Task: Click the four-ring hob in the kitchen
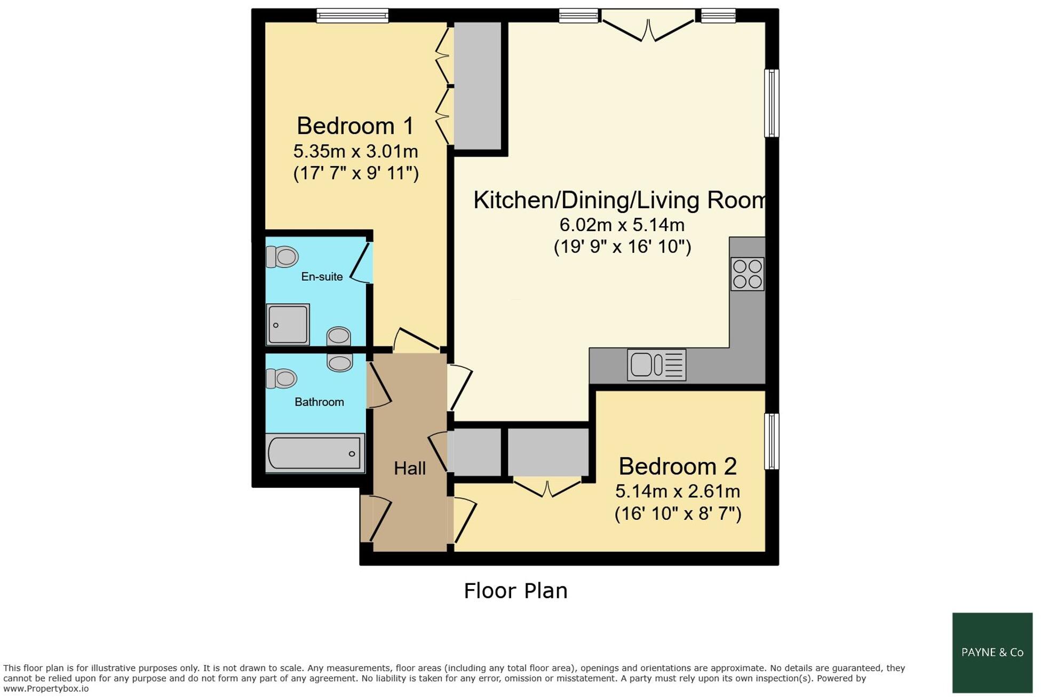(x=747, y=274)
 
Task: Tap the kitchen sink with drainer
(x=656, y=365)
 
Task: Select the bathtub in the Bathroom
(x=315, y=453)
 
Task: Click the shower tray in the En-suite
(x=288, y=324)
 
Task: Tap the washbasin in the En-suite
(x=338, y=336)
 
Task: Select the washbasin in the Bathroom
(x=339, y=363)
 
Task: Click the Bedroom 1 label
(x=355, y=126)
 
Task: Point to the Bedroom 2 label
(x=677, y=466)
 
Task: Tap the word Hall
(x=409, y=468)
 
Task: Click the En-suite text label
(x=322, y=276)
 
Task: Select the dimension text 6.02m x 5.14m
(x=622, y=225)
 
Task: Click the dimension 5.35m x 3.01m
(x=355, y=152)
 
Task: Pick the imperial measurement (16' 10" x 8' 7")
(x=678, y=513)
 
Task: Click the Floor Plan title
(x=515, y=591)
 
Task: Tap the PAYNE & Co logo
(x=992, y=652)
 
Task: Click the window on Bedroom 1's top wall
(x=352, y=15)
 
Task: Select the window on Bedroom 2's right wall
(x=771, y=441)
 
